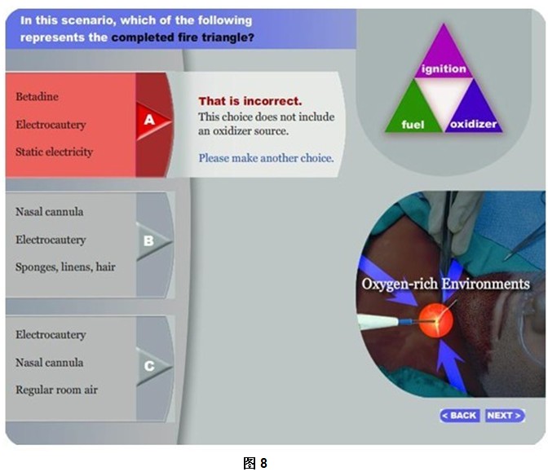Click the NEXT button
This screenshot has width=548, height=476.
tap(505, 416)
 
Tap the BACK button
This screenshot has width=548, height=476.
tap(460, 416)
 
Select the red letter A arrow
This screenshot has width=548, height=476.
tap(153, 121)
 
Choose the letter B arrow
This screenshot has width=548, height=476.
tap(153, 241)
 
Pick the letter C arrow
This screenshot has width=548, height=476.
tap(153, 366)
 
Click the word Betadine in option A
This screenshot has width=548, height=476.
tap(37, 96)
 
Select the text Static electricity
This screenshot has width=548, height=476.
tap(54, 152)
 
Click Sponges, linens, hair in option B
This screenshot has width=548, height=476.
tap(65, 267)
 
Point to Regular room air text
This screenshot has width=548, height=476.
tap(56, 390)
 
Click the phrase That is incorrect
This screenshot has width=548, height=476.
tap(250, 101)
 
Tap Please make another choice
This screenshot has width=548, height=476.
tap(267, 158)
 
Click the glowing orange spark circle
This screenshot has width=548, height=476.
tap(435, 320)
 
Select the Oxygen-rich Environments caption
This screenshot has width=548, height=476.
tap(445, 284)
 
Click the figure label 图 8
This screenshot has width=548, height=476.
tap(255, 463)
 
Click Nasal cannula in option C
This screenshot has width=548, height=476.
tap(49, 363)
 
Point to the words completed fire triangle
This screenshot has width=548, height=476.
tap(183, 37)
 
